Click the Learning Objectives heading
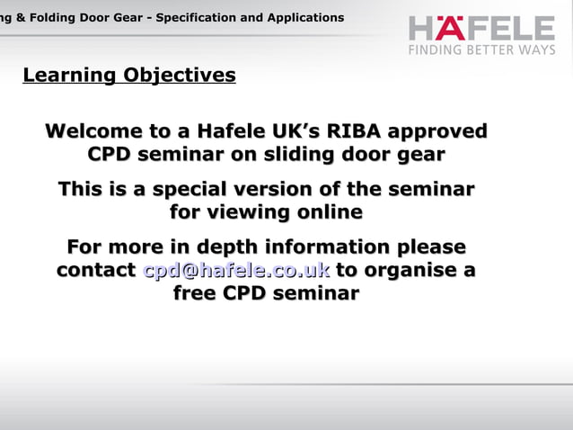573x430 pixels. [128, 76]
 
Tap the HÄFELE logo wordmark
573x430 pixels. [481, 28]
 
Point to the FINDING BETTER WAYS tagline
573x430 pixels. [482, 50]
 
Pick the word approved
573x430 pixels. [435, 131]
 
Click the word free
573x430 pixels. [194, 294]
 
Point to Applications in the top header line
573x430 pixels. [304, 18]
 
